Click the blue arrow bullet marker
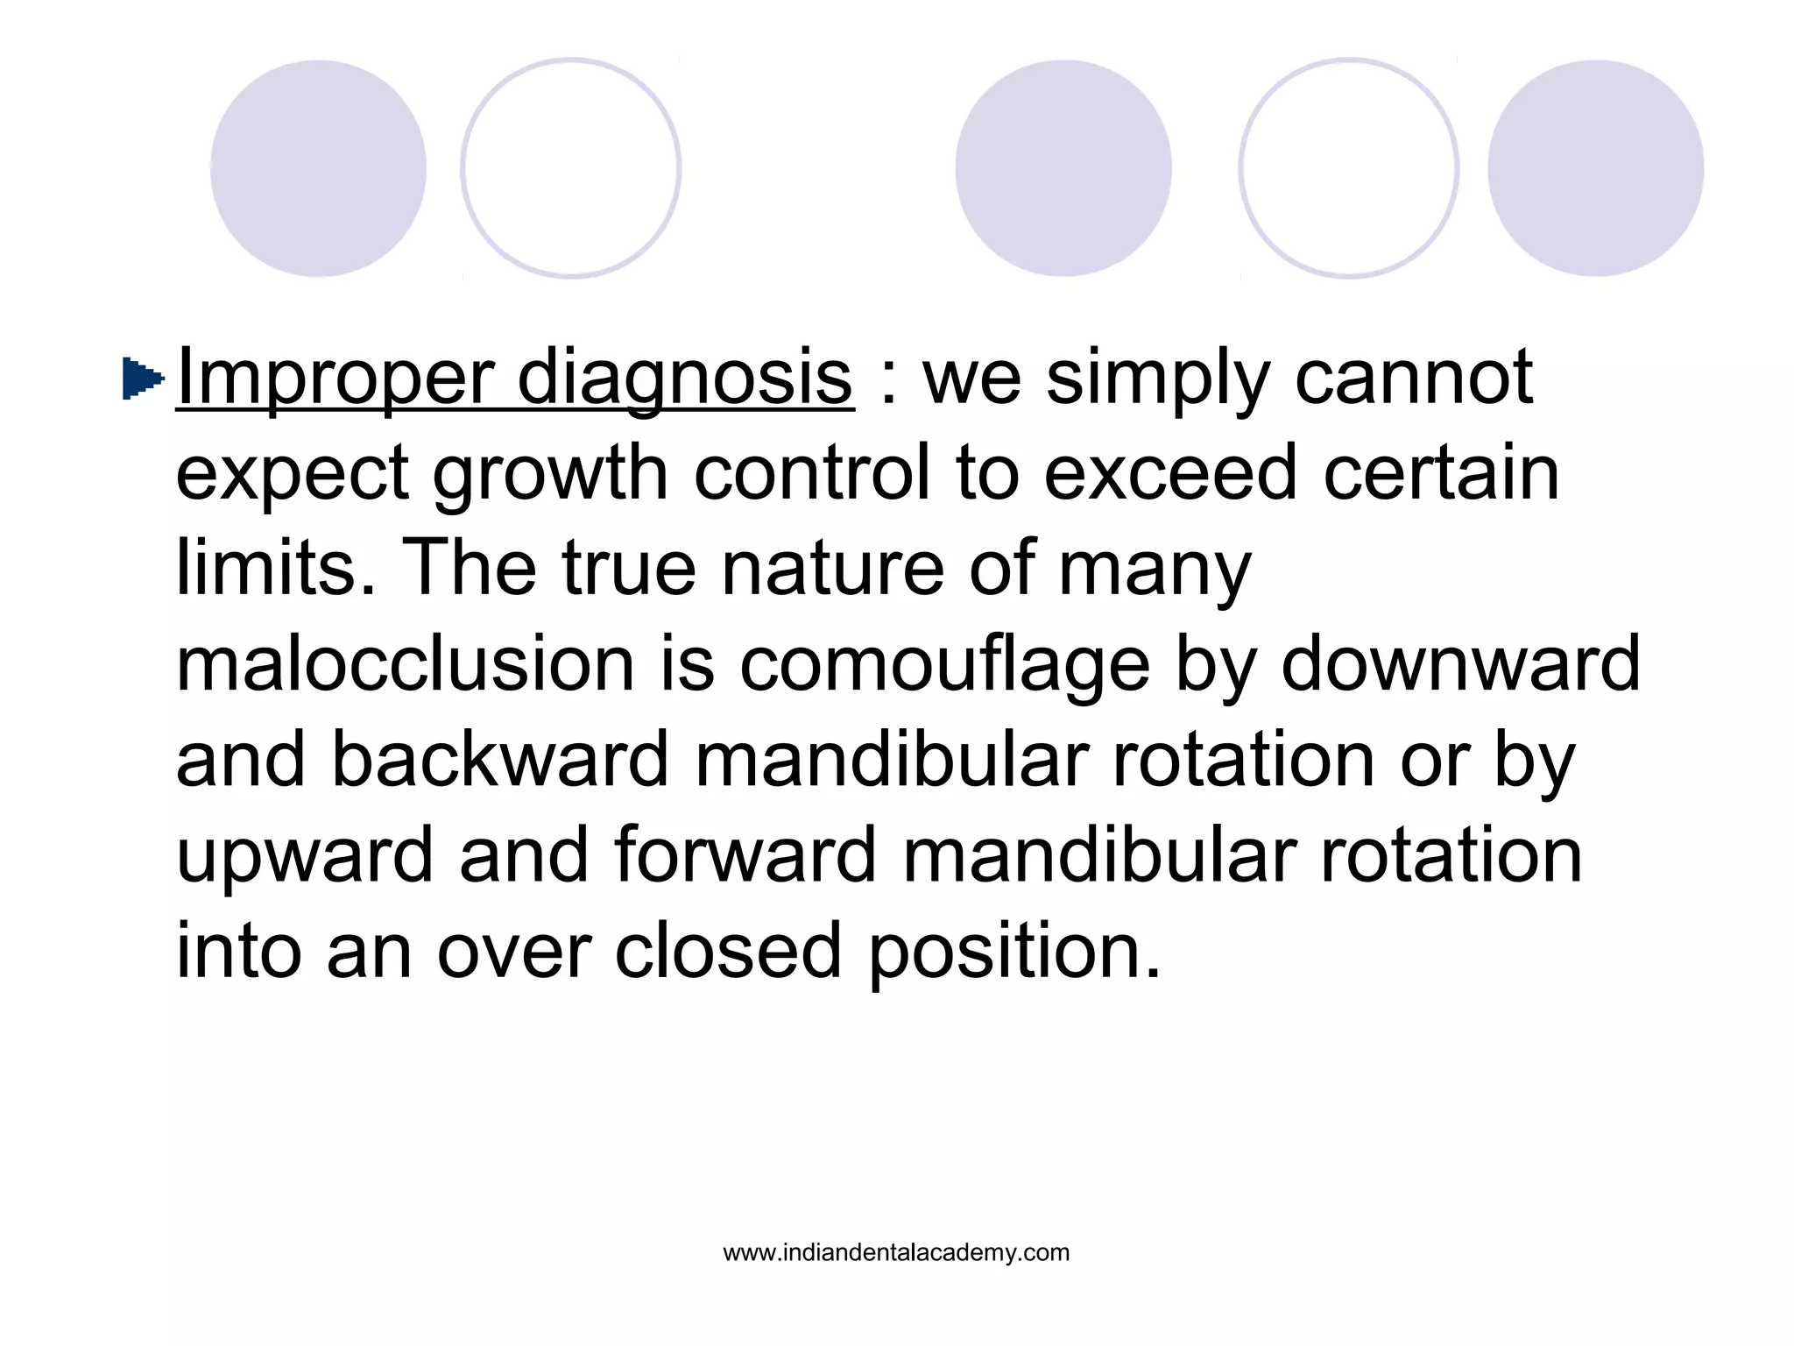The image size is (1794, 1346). tap(143, 379)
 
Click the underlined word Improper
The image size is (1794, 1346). tap(334, 379)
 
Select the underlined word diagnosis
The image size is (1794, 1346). tap(685, 379)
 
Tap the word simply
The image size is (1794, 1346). tap(1157, 379)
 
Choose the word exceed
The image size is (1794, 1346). tap(1169, 472)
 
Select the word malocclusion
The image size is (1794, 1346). tap(405, 663)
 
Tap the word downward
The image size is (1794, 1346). tap(1460, 663)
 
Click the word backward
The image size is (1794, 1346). tap(500, 759)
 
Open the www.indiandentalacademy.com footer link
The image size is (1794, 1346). tap(896, 1252)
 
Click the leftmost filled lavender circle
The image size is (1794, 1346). tap(318, 168)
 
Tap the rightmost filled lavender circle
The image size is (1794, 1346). tap(1595, 168)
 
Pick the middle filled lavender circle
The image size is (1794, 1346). tap(1063, 168)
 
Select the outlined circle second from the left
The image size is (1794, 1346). tap(571, 168)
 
